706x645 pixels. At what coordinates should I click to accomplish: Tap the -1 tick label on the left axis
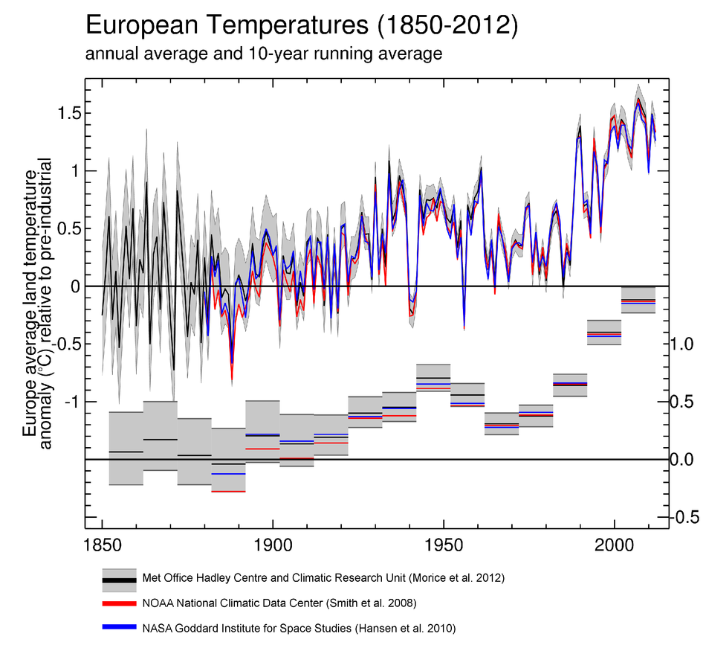click(x=71, y=402)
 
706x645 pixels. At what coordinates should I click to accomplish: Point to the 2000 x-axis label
click(x=615, y=545)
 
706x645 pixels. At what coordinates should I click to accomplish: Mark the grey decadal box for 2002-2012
click(x=638, y=300)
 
